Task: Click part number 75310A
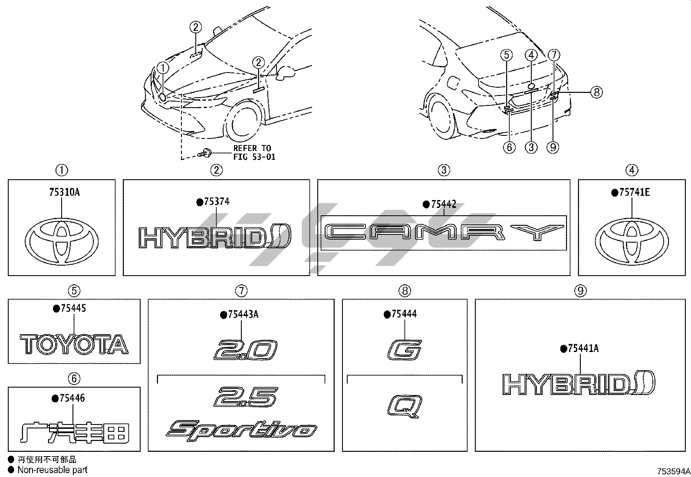tap(62, 192)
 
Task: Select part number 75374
tap(216, 201)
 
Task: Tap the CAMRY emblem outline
tap(444, 233)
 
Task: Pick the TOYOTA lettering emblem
tap(74, 344)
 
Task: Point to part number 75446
tap(71, 398)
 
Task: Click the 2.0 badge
tap(246, 350)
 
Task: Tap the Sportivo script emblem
tap(241, 429)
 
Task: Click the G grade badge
tap(404, 350)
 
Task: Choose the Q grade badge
tap(404, 405)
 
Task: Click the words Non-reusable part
tap(53, 470)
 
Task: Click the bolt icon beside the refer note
tap(204, 153)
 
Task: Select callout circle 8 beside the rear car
tap(597, 92)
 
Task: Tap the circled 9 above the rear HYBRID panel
tap(581, 290)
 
